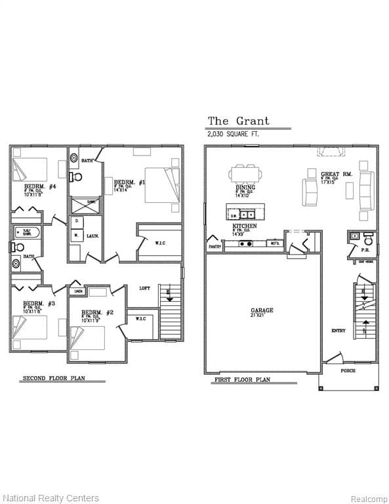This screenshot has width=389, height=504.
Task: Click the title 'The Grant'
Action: pyautogui.click(x=238, y=121)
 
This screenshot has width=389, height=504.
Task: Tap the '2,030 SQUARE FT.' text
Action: pyautogui.click(x=234, y=134)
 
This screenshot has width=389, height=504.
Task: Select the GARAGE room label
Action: pyautogui.click(x=262, y=310)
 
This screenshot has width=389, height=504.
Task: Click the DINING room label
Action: pyautogui.click(x=245, y=188)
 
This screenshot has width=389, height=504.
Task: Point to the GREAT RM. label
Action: pyautogui.click(x=335, y=175)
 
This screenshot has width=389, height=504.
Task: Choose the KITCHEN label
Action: pyautogui.click(x=244, y=226)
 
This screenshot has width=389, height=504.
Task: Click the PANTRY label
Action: pyautogui.click(x=215, y=247)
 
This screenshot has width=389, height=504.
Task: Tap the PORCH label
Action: pyautogui.click(x=348, y=371)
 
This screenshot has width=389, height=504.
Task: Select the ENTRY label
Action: pyautogui.click(x=338, y=331)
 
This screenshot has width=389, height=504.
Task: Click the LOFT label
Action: pyautogui.click(x=145, y=287)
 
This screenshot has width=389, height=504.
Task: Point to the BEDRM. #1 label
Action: pyautogui.click(x=129, y=182)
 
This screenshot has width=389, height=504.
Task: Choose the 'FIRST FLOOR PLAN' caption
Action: pyautogui.click(x=242, y=380)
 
